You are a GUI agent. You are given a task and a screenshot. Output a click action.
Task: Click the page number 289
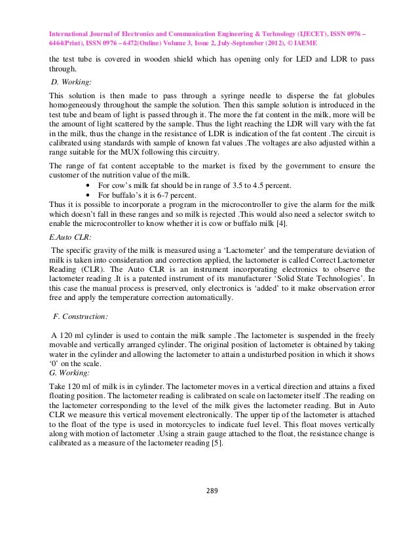(x=210, y=489)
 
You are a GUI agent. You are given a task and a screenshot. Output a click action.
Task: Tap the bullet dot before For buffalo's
(x=89, y=195)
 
